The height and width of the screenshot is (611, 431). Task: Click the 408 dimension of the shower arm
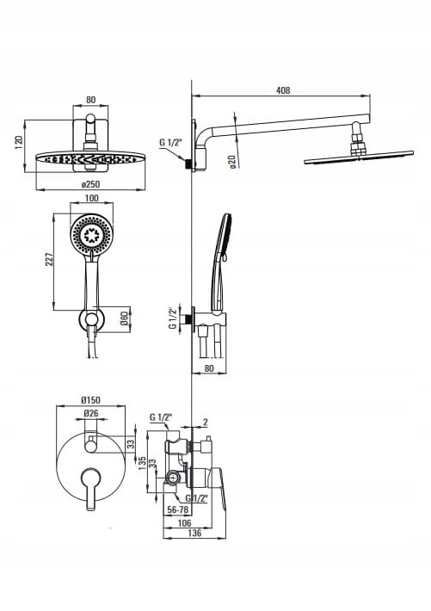283,90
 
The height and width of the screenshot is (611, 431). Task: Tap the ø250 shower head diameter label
90,184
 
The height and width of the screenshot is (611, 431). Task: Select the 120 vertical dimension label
18,142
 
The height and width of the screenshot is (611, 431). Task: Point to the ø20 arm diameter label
232,161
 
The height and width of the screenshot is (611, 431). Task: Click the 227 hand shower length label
49,260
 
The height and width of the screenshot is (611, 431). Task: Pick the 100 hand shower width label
91,198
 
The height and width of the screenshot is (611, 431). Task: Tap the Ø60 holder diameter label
124,319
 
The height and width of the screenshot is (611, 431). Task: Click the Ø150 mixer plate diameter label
90,400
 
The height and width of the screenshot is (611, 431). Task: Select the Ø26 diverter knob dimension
91,413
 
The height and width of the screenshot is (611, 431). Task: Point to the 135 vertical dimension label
142,462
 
